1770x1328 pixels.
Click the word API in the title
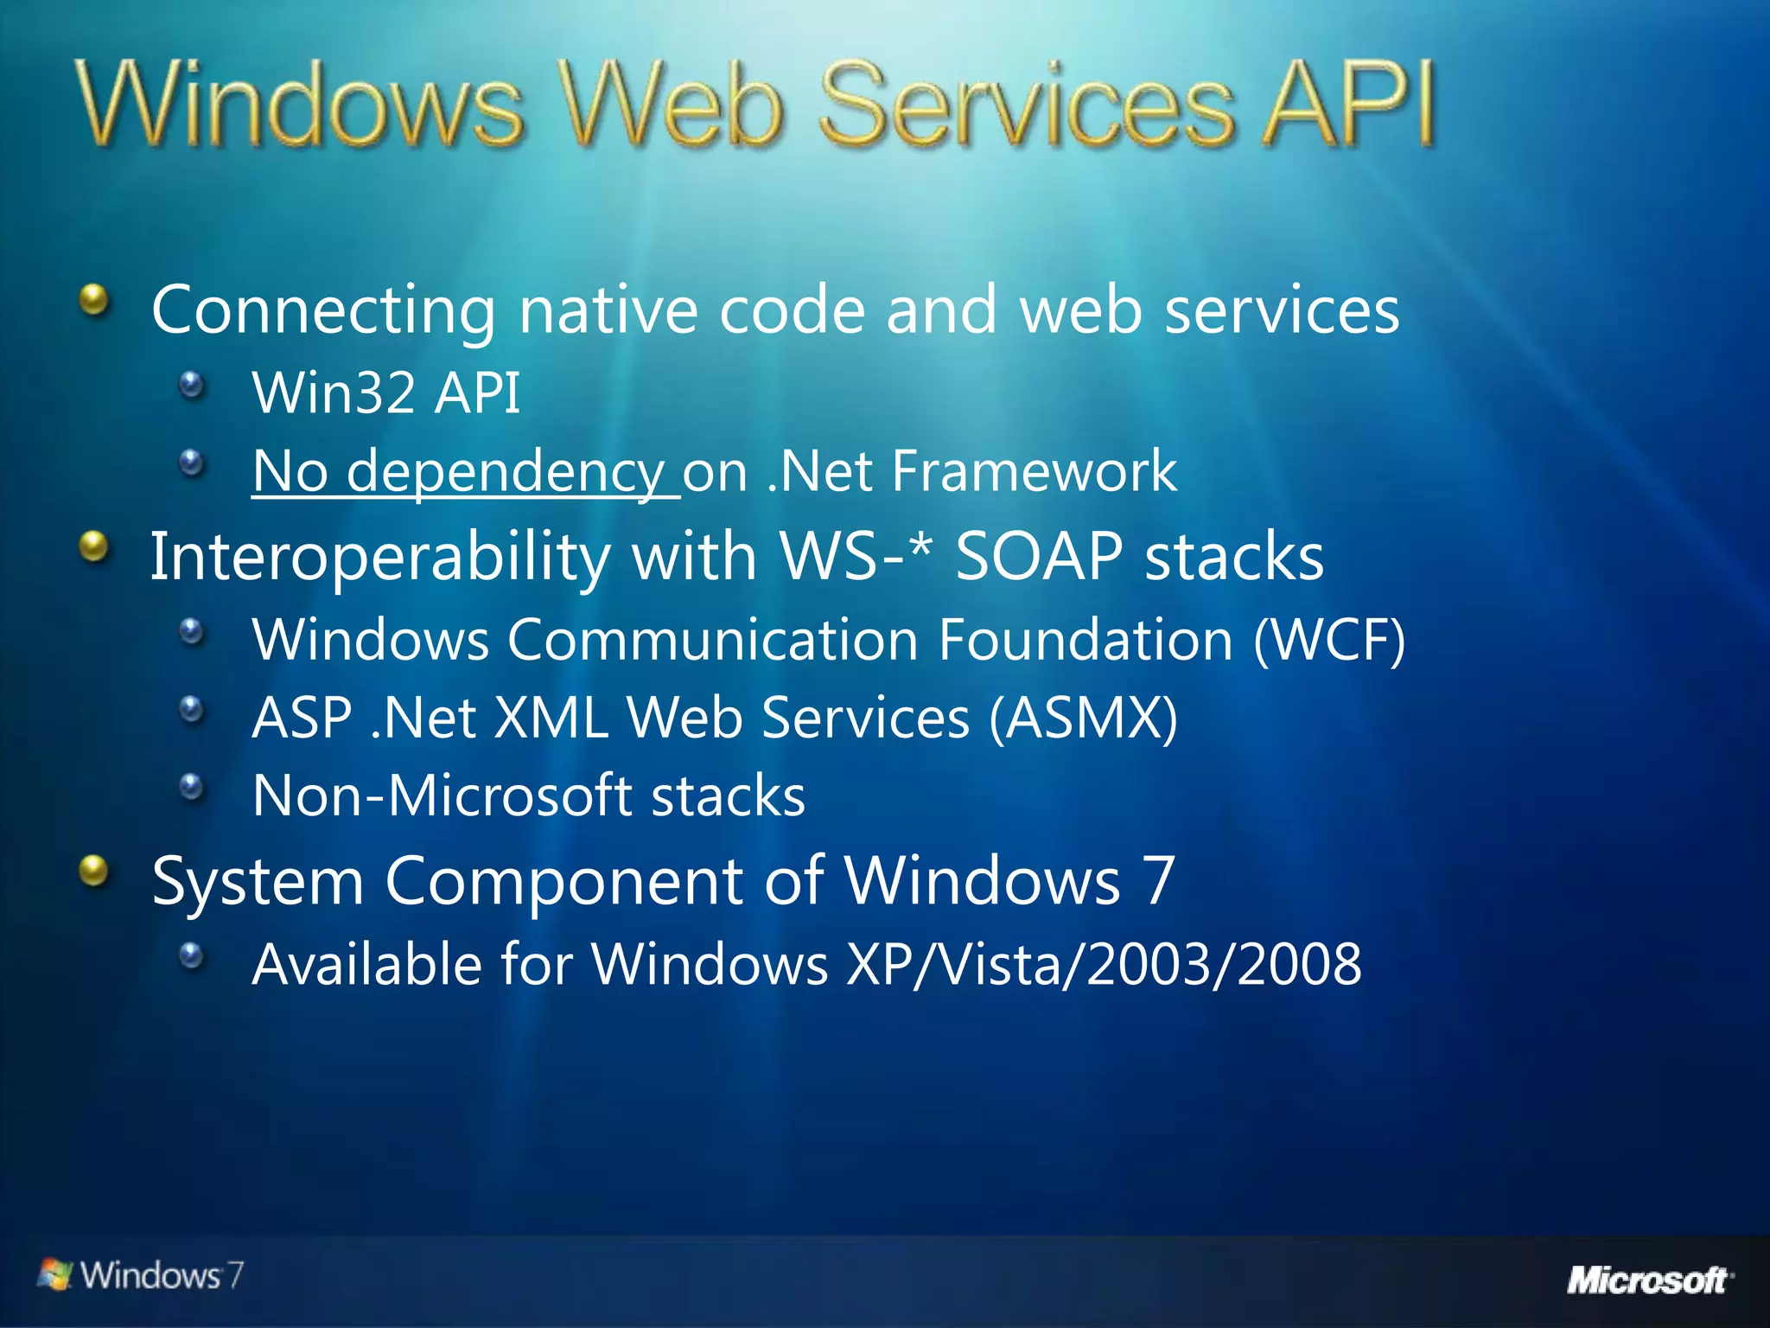(x=1347, y=105)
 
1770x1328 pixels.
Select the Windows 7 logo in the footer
(x=141, y=1275)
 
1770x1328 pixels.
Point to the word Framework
(x=1034, y=472)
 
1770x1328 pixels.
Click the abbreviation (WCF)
(x=1329, y=641)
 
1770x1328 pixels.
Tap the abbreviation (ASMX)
(x=1083, y=718)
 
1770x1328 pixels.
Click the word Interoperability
(x=380, y=556)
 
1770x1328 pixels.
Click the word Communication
(x=713, y=641)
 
